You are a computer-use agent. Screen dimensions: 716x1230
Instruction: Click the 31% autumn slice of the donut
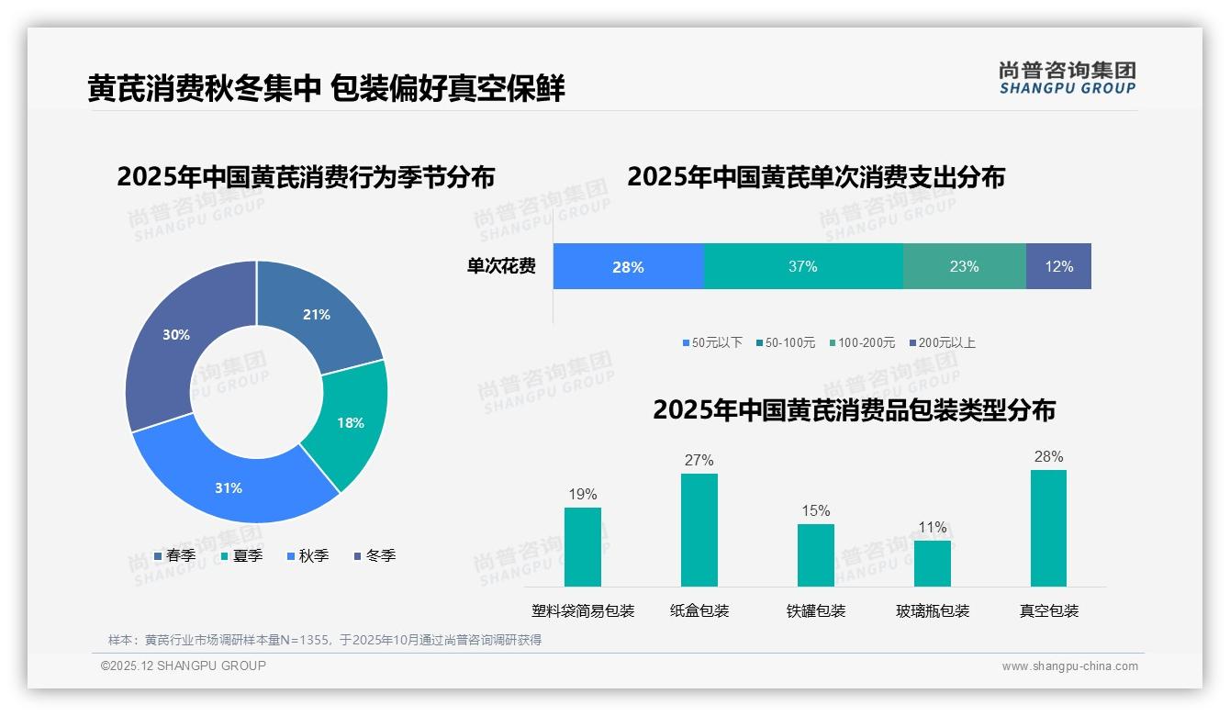pos(229,487)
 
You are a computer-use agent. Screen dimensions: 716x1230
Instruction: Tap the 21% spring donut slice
pos(317,314)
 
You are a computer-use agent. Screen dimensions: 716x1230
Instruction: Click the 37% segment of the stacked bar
pos(803,266)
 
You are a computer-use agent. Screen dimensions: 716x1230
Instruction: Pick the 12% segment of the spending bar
pos(1058,266)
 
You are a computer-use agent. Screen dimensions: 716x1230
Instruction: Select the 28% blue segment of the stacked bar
pos(628,266)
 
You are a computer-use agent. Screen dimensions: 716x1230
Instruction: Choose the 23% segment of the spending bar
pos(964,266)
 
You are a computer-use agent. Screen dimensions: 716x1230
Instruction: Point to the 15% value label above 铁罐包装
pos(815,510)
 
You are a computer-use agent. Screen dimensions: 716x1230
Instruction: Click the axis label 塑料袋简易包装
pos(583,610)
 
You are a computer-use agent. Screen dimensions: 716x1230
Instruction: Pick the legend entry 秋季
pos(307,555)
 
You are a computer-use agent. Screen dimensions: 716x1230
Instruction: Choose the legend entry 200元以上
pos(943,342)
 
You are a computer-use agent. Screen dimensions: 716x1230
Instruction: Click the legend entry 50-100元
pos(786,342)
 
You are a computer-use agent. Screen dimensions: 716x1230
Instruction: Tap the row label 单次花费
pos(501,266)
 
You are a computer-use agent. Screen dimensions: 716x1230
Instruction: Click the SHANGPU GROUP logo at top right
pos(1067,77)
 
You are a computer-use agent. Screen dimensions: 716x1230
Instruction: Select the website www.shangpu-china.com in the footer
pos(1069,666)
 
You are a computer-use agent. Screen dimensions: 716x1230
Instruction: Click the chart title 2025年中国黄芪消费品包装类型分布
pos(854,409)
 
